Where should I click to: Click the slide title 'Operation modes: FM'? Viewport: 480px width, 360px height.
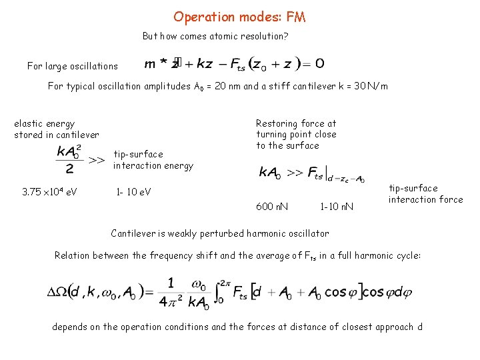click(239, 17)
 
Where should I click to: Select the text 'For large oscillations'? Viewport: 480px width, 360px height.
click(73, 66)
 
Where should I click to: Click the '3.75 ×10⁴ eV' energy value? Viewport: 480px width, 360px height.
click(49, 193)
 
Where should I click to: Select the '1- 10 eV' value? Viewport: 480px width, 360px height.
click(133, 193)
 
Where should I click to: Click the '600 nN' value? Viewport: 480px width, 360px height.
click(272, 207)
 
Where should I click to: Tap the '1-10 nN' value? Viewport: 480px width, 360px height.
click(336, 207)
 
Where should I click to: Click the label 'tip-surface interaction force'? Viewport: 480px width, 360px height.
click(425, 194)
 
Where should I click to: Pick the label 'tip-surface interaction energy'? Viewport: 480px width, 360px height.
click(153, 160)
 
